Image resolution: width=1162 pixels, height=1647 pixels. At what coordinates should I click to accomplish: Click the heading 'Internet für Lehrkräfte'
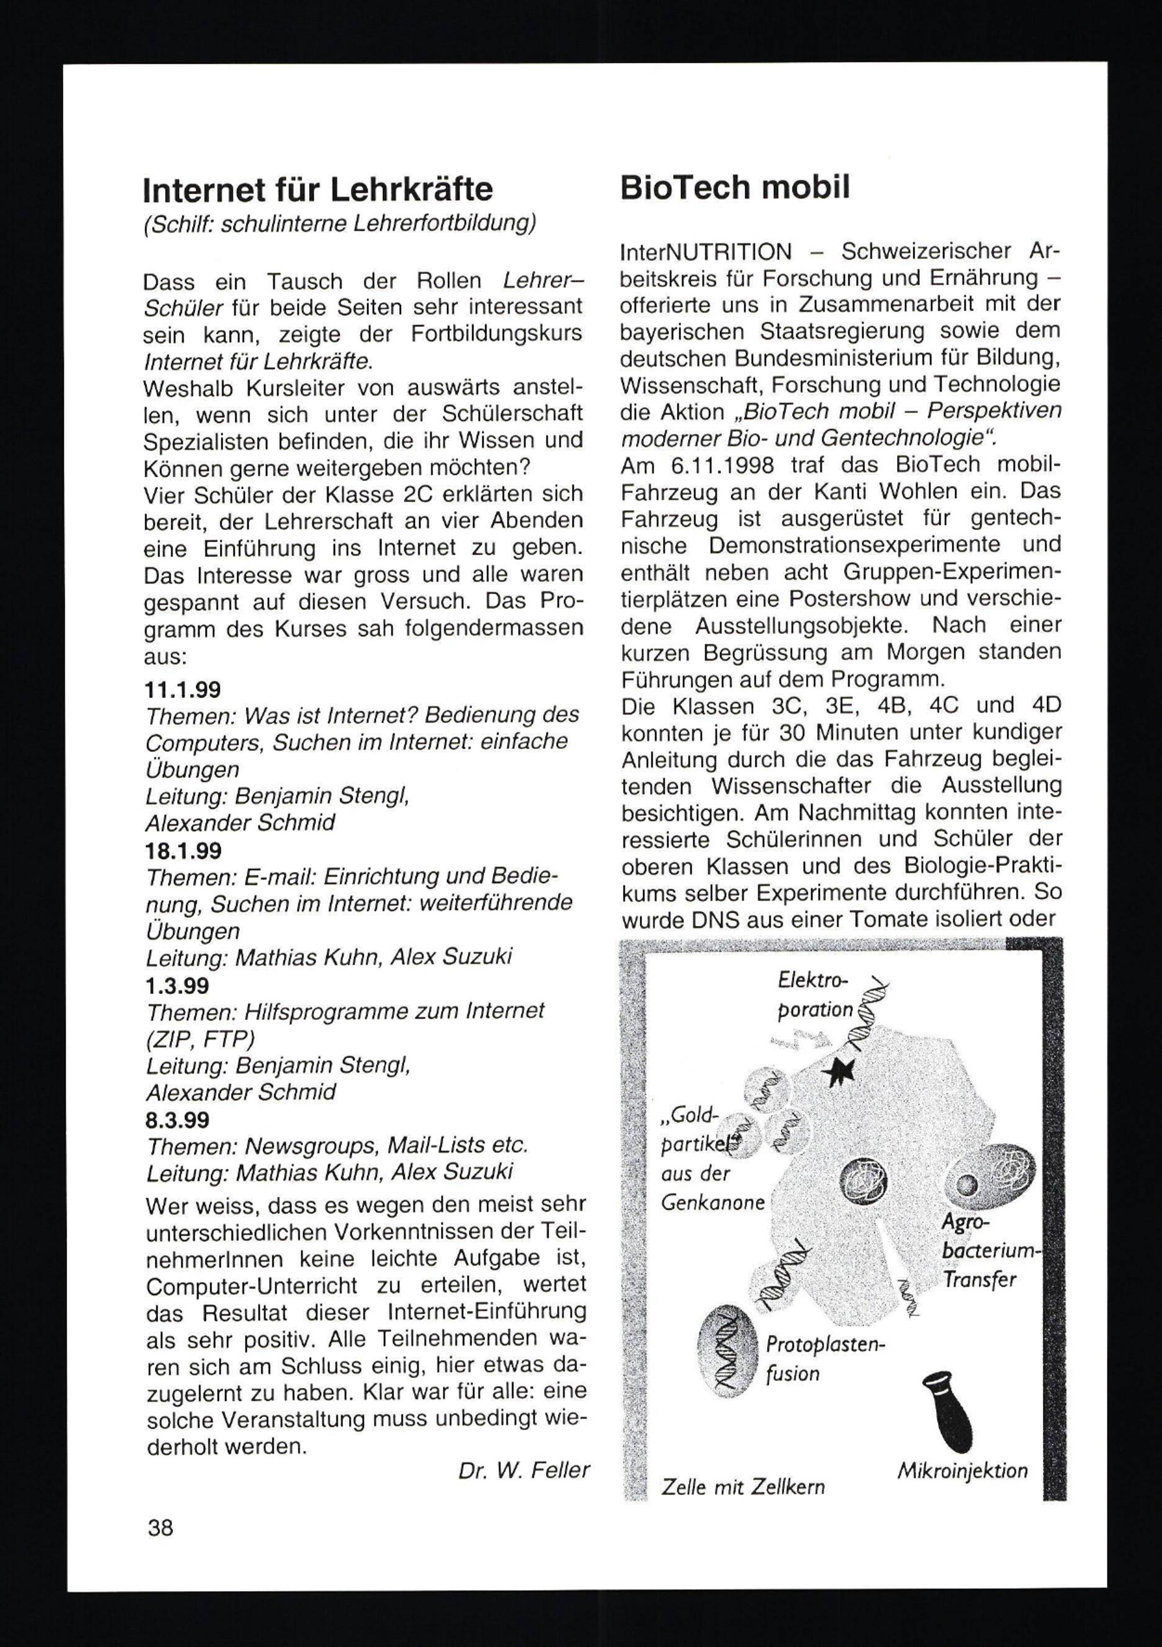(x=318, y=190)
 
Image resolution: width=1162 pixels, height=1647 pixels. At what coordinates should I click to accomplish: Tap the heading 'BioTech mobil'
(x=735, y=188)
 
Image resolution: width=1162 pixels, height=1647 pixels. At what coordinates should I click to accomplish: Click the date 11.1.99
(x=182, y=690)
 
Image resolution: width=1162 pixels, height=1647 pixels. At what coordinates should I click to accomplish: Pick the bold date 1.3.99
(x=177, y=986)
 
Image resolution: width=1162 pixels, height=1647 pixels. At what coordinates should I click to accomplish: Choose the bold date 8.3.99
(x=177, y=1120)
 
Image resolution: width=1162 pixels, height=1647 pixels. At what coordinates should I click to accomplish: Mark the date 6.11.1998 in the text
(x=723, y=466)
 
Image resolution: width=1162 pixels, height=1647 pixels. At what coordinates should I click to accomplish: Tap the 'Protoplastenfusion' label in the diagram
(x=823, y=1360)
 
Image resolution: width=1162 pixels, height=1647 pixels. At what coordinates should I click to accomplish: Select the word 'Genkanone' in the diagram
(x=713, y=1203)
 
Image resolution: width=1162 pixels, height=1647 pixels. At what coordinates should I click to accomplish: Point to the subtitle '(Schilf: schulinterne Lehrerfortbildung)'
(x=339, y=224)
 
